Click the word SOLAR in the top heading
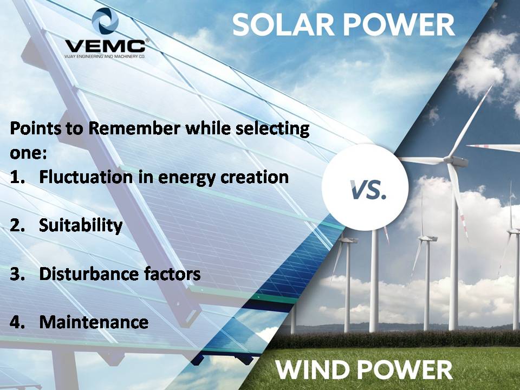coord(283,25)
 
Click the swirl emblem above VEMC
coord(105,21)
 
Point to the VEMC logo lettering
coord(105,45)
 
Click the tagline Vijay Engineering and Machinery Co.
coord(105,56)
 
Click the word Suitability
coord(81,226)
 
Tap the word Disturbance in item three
coord(89,274)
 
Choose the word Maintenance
coord(94,322)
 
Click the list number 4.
coord(17,322)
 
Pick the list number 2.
coord(17,225)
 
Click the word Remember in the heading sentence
coord(134,128)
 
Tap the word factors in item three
coord(172,274)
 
